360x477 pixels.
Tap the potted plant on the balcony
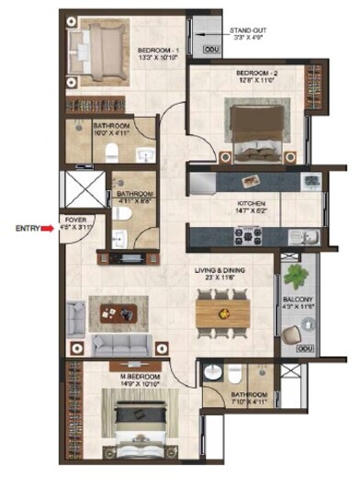(295, 277)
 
